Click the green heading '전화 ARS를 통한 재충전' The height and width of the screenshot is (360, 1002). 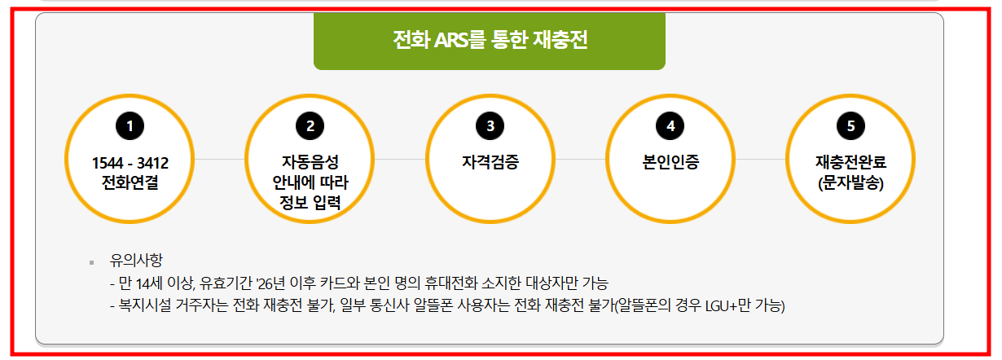coord(490,40)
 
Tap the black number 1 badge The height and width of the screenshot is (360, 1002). coord(130,125)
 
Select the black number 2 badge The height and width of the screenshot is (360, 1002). coord(310,125)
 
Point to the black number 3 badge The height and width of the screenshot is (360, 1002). coord(490,125)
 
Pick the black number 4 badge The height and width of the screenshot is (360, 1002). coord(670,125)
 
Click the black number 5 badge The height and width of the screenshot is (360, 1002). coord(850,125)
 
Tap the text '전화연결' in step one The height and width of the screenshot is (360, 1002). coord(130,181)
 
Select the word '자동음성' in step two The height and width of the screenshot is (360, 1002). coord(310,162)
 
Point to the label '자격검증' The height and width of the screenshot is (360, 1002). coord(490,162)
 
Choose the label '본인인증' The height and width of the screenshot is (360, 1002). coord(670,162)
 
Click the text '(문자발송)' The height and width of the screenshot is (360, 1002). coord(850,182)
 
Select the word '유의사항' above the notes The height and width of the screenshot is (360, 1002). coord(136,261)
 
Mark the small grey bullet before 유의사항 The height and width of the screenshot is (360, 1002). coord(92,262)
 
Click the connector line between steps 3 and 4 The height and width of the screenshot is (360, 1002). coord(580,159)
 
